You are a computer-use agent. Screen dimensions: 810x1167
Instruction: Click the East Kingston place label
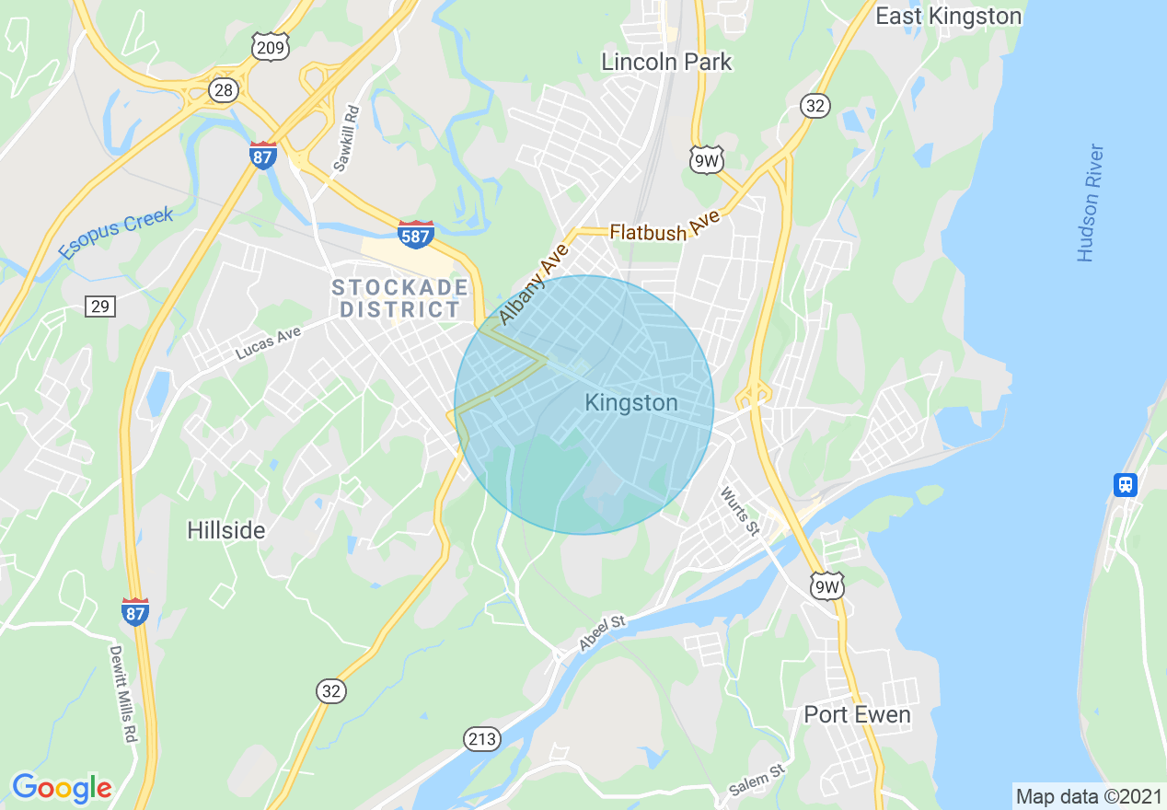948,17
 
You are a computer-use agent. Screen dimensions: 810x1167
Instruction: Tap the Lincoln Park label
666,62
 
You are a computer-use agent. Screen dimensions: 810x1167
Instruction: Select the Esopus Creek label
115,234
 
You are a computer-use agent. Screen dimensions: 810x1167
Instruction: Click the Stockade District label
400,299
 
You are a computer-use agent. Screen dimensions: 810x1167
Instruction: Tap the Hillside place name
225,530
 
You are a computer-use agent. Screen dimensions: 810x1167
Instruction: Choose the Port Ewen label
857,714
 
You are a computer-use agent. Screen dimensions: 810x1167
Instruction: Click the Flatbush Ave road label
662,230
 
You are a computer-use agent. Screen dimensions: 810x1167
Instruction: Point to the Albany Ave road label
535,285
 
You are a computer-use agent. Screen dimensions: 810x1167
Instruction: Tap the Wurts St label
740,512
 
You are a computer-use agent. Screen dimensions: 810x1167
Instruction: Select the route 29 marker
100,306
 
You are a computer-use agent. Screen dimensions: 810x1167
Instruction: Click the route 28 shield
225,90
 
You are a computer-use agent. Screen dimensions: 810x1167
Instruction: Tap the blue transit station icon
1125,484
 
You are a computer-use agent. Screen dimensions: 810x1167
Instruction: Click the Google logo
62,788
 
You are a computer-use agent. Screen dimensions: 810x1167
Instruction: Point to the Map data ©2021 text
1088,796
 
